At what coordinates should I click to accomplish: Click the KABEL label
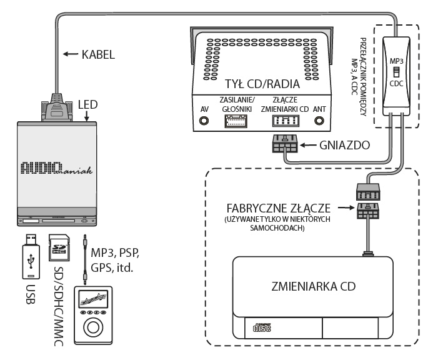point(98,54)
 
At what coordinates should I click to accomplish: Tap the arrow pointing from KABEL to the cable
point(71,54)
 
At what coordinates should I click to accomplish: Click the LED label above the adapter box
point(87,104)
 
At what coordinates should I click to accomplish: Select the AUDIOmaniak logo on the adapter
point(56,168)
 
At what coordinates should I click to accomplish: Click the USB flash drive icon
point(31,256)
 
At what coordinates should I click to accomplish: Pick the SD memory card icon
point(59,247)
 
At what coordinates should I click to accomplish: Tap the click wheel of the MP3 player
point(93,327)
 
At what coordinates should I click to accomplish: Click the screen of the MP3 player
point(93,299)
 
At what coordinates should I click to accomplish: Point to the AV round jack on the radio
point(204,121)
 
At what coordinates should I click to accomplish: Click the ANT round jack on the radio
point(319,121)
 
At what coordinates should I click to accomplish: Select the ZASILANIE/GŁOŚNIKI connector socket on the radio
point(236,121)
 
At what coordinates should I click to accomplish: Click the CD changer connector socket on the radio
point(286,121)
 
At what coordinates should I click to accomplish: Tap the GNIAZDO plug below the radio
point(285,144)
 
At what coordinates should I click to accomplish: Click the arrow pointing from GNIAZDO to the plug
point(308,145)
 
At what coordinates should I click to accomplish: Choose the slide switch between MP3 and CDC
point(396,72)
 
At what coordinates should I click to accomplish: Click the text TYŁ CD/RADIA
point(262,84)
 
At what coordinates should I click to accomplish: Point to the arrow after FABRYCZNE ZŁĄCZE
point(346,207)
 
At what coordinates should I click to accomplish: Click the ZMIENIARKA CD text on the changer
point(313,286)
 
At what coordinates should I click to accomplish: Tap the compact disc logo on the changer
point(262,327)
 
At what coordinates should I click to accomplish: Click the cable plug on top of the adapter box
point(57,109)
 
